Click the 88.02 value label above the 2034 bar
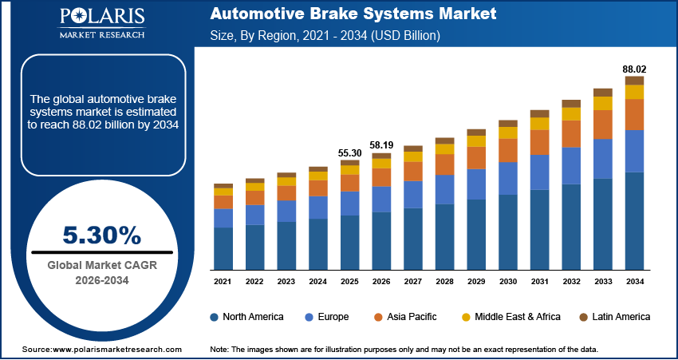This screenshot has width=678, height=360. point(634,69)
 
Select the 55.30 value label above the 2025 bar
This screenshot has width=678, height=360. point(350,152)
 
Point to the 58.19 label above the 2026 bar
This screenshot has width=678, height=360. point(381,145)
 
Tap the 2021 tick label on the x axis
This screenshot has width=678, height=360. point(223,282)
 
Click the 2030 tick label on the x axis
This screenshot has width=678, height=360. point(508,282)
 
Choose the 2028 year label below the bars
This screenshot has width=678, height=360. point(444,282)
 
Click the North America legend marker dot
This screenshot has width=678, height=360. point(215,317)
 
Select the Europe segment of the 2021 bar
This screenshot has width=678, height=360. point(223,218)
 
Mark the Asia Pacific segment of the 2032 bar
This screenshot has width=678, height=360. point(571,133)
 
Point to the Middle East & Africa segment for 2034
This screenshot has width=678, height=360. point(634,92)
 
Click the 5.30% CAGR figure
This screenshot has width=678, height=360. point(101,235)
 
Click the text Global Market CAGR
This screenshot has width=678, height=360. point(101,265)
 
